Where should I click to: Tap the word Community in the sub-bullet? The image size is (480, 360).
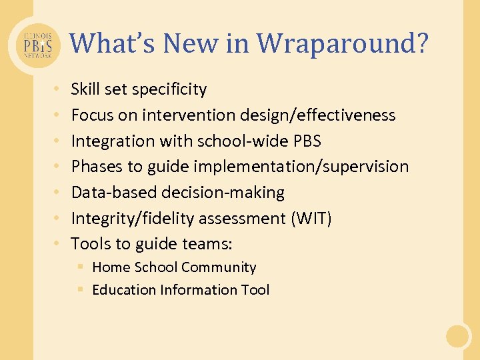219,267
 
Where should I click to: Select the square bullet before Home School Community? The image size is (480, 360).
79,267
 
